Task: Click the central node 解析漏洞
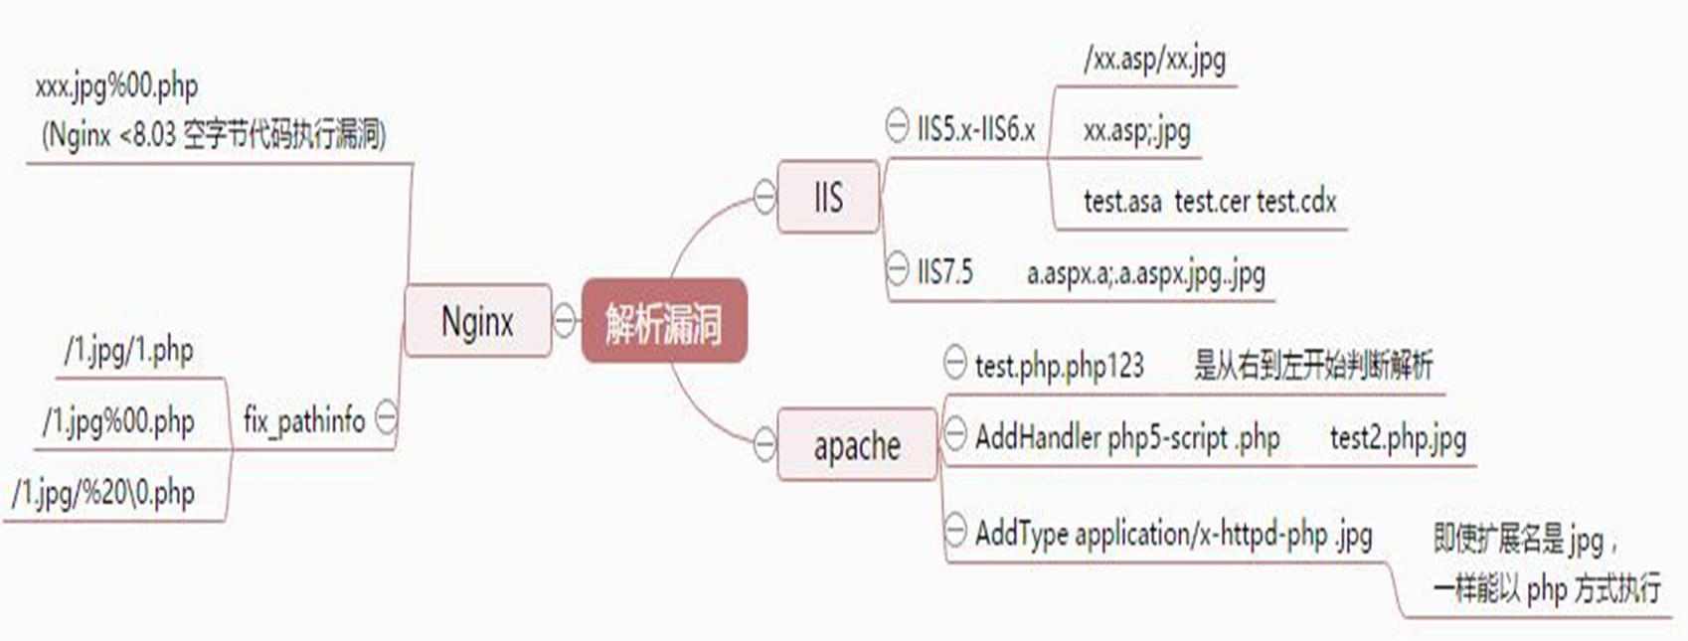(x=664, y=321)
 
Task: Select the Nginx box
(x=478, y=321)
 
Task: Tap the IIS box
(x=828, y=197)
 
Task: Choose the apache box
(x=857, y=445)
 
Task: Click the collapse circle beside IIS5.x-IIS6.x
(x=897, y=125)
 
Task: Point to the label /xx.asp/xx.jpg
(x=1154, y=59)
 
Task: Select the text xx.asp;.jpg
(x=1137, y=131)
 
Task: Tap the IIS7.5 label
(x=945, y=271)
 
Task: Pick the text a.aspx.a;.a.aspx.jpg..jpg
(x=1145, y=273)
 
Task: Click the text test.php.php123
(x=1060, y=366)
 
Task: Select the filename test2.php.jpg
(x=1398, y=438)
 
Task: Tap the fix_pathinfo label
(x=304, y=420)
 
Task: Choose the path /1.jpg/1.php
(x=129, y=351)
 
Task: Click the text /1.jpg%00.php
(x=119, y=421)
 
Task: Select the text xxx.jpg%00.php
(x=116, y=86)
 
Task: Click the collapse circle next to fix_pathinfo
(x=387, y=416)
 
